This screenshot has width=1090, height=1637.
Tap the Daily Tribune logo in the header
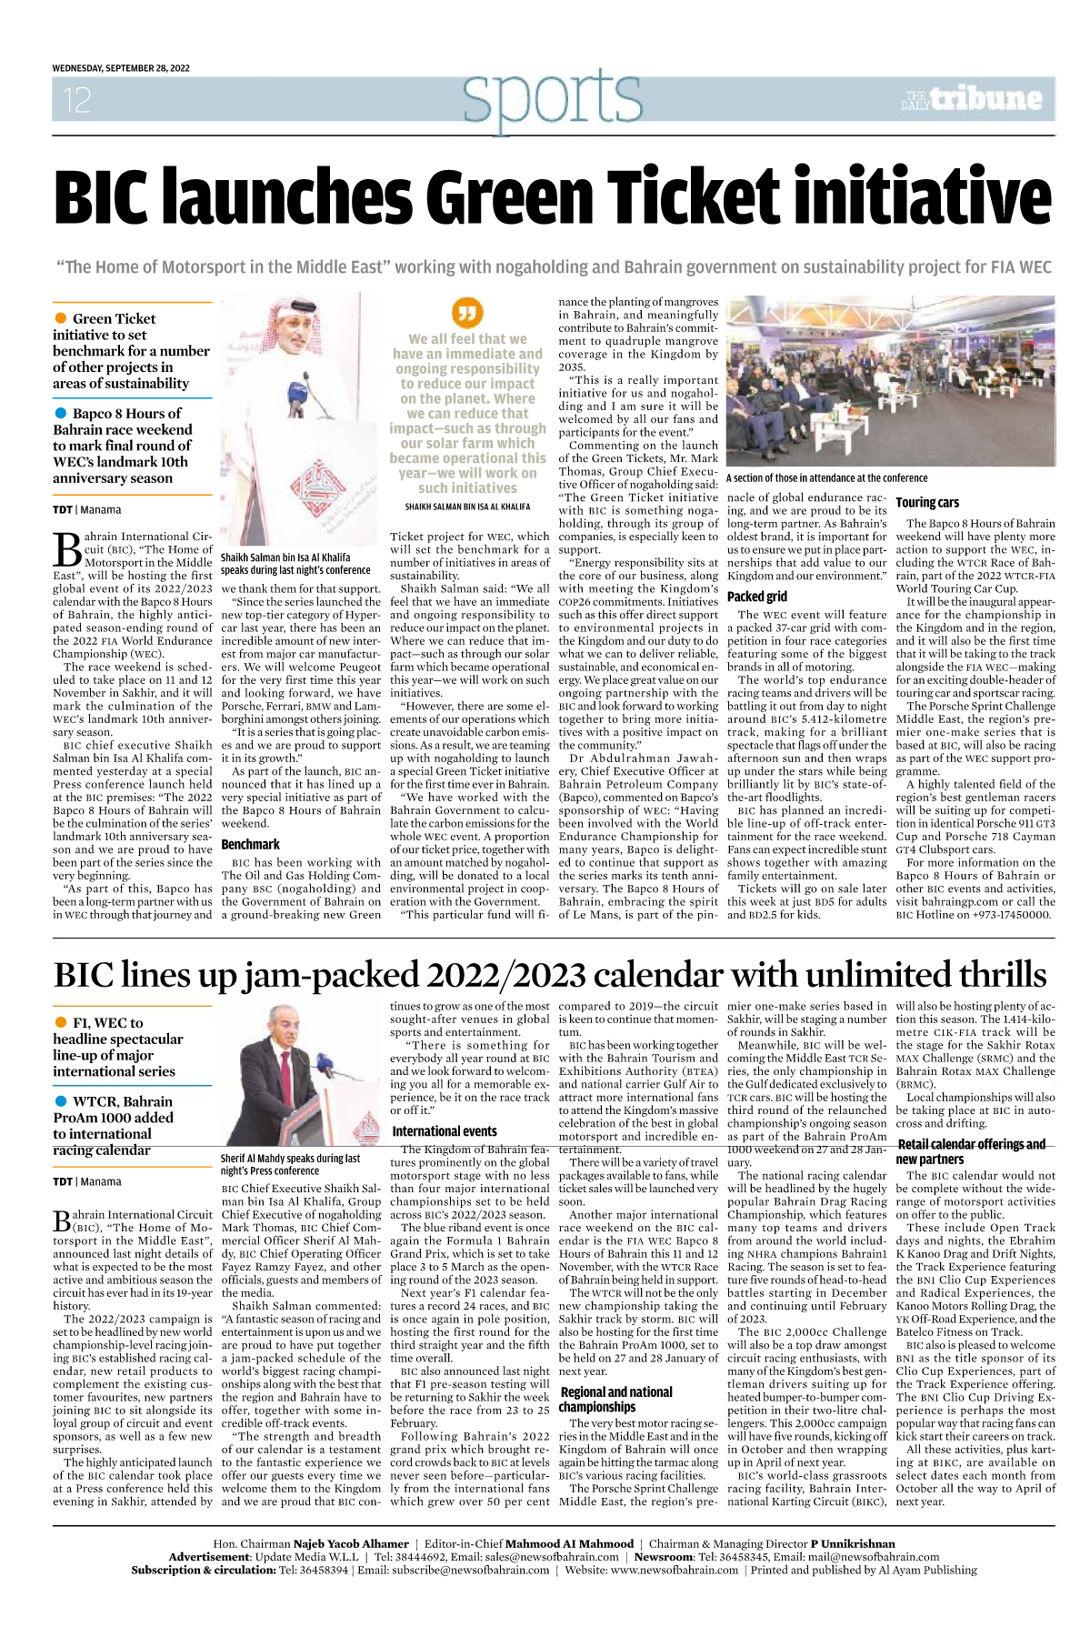972,99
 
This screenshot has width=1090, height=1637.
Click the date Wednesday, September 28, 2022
121,68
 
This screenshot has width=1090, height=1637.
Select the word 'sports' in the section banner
552,98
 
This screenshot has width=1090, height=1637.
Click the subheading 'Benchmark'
251,844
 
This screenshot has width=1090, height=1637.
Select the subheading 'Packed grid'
757,597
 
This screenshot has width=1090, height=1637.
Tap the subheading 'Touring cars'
927,502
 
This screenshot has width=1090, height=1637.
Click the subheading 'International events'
445,1131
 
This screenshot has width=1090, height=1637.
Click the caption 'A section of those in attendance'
826,477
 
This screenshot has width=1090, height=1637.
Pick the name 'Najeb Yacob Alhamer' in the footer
351,1543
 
